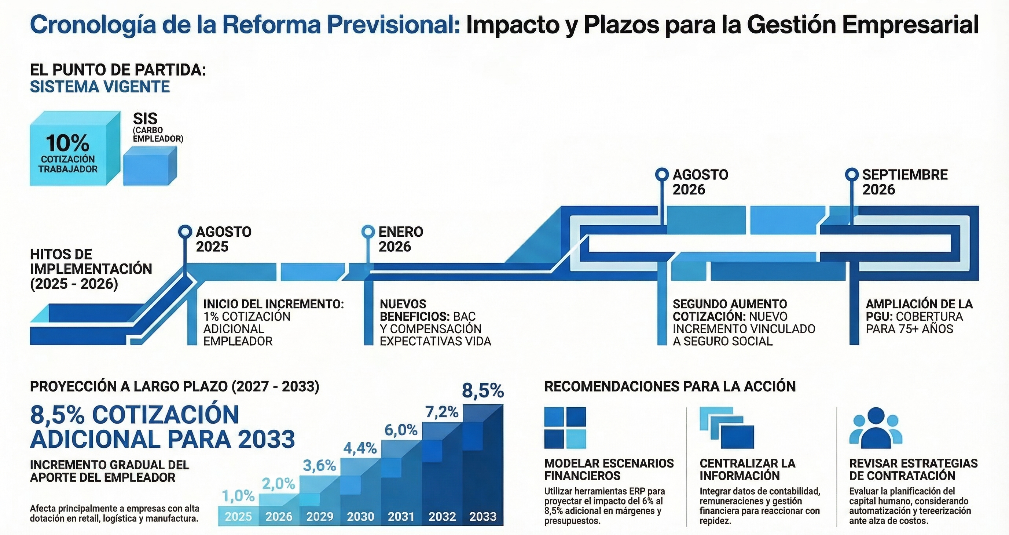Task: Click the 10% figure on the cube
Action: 67,143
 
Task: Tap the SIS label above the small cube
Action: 145,119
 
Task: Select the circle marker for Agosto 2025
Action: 185,232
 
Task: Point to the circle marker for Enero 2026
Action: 368,232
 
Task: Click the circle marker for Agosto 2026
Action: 662,174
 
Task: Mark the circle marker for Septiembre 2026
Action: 852,174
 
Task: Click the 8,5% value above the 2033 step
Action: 483,391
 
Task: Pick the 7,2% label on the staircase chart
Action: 442,412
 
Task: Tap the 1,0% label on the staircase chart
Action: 238,496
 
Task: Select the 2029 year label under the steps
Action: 320,517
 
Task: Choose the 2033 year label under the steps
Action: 483,517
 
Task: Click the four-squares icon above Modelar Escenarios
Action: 565,427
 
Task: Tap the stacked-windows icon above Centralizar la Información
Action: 727,427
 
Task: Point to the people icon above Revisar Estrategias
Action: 876,427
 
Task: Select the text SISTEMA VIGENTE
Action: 100,87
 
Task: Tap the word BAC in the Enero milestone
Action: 464,316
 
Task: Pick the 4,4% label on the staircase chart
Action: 360,448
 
